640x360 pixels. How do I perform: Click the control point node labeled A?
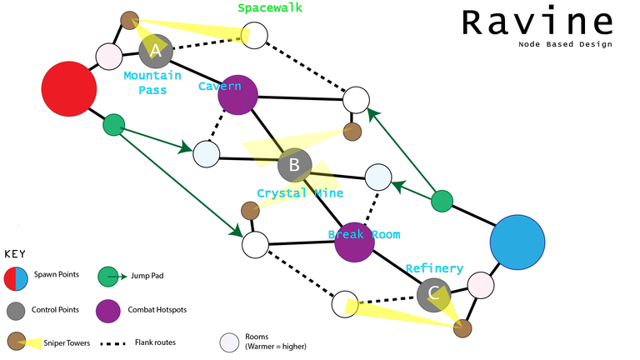155,52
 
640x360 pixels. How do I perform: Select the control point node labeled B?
294,165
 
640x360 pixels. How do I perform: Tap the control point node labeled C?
433,292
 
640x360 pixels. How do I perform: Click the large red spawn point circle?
69,87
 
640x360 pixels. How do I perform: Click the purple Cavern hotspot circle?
237,94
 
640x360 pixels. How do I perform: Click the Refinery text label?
434,268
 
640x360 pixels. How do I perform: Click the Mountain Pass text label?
152,82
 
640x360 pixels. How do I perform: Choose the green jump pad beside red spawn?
113,126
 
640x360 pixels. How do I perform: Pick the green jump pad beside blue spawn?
442,200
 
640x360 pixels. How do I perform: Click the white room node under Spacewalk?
255,35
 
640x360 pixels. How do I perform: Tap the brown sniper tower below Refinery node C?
462,328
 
